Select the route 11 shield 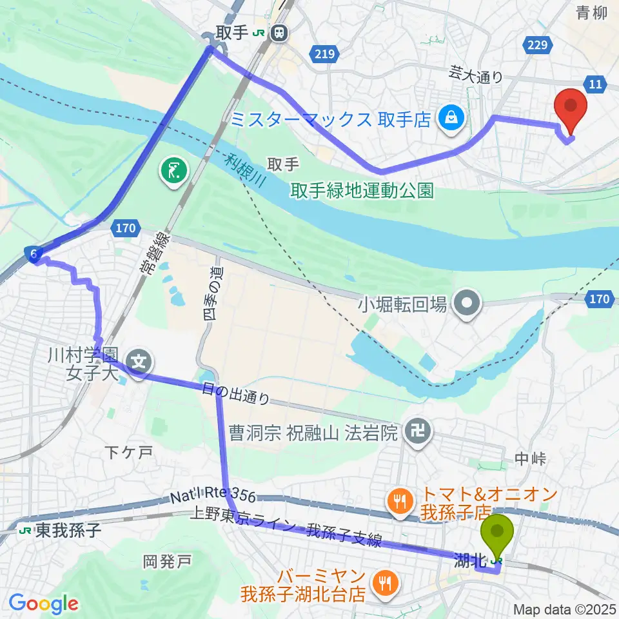pyautogui.click(x=594, y=83)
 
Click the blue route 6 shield pyautogui.click(x=33, y=255)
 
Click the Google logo pyautogui.click(x=43, y=604)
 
